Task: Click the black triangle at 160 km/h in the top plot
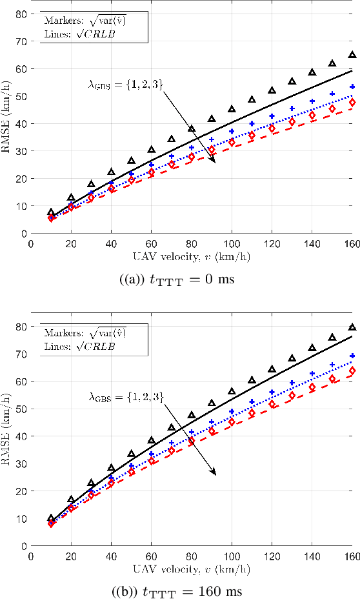[352, 56]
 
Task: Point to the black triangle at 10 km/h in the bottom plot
[52, 518]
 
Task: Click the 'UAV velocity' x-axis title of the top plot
[192, 256]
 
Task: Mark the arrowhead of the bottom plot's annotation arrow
[214, 474]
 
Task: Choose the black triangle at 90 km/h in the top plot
[212, 119]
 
